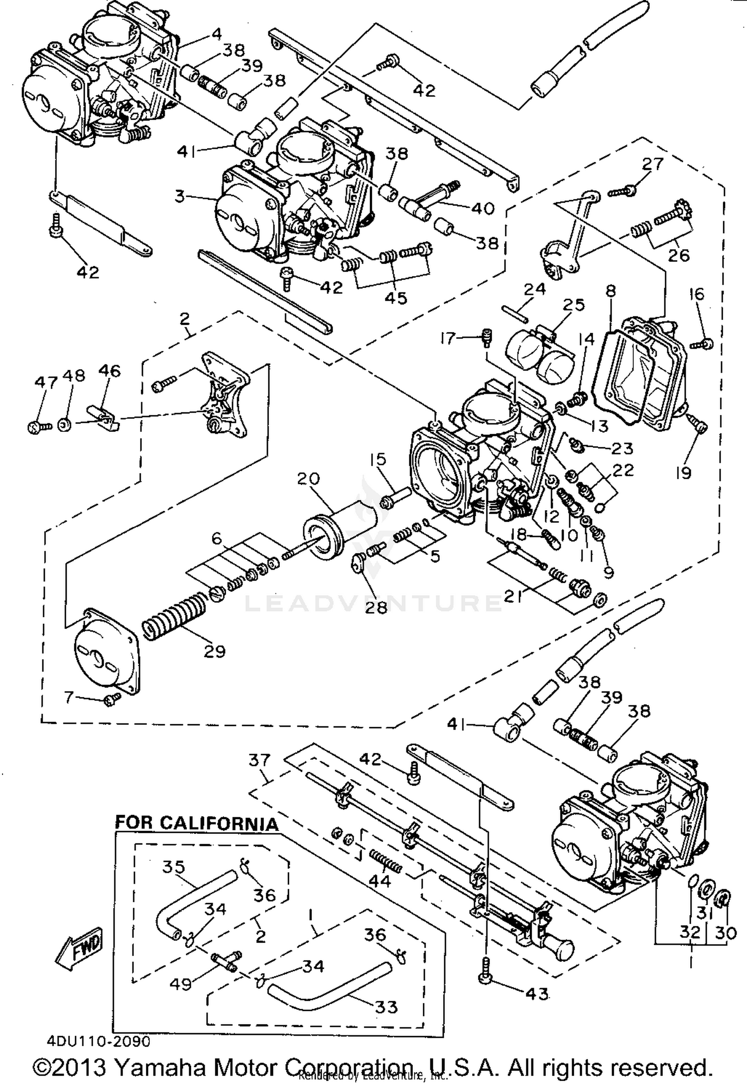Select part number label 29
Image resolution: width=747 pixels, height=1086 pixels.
[x=215, y=651]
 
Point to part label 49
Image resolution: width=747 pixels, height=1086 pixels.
[x=180, y=984]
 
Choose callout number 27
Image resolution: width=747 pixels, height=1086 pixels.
[x=652, y=164]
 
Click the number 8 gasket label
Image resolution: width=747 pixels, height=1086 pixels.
[x=611, y=290]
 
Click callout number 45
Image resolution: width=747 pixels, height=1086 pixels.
[x=396, y=297]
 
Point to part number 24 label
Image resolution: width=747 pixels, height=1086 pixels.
[x=534, y=289]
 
